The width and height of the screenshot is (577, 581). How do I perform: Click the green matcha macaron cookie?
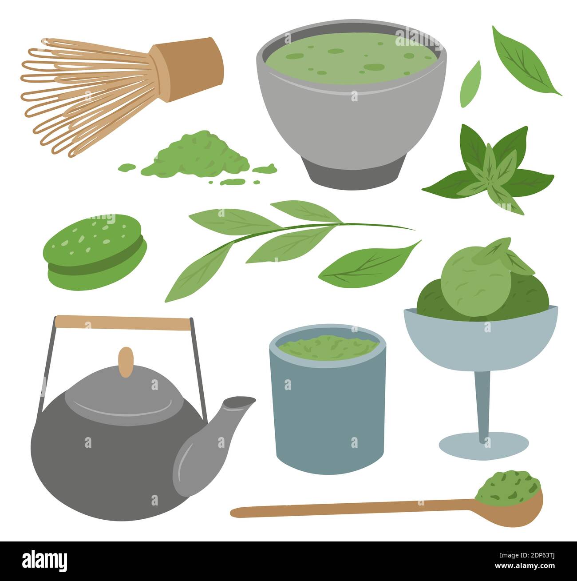click(x=95, y=251)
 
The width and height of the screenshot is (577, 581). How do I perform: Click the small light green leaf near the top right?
click(x=470, y=84)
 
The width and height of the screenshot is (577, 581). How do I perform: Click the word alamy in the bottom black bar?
click(x=44, y=560)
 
